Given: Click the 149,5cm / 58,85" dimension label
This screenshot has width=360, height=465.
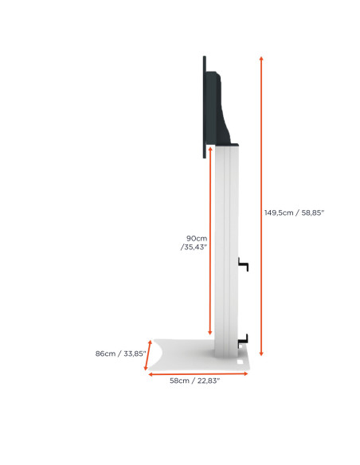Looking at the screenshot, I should [x=294, y=213].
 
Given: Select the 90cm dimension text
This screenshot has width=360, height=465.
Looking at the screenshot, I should [x=196, y=238].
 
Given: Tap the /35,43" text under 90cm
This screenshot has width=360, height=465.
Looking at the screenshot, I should [x=194, y=248].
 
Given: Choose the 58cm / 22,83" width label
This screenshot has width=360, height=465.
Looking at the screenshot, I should [x=194, y=381].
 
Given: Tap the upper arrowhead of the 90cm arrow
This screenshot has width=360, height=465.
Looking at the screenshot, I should [x=210, y=147].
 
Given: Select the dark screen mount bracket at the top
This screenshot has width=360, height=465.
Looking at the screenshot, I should [x=222, y=107].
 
